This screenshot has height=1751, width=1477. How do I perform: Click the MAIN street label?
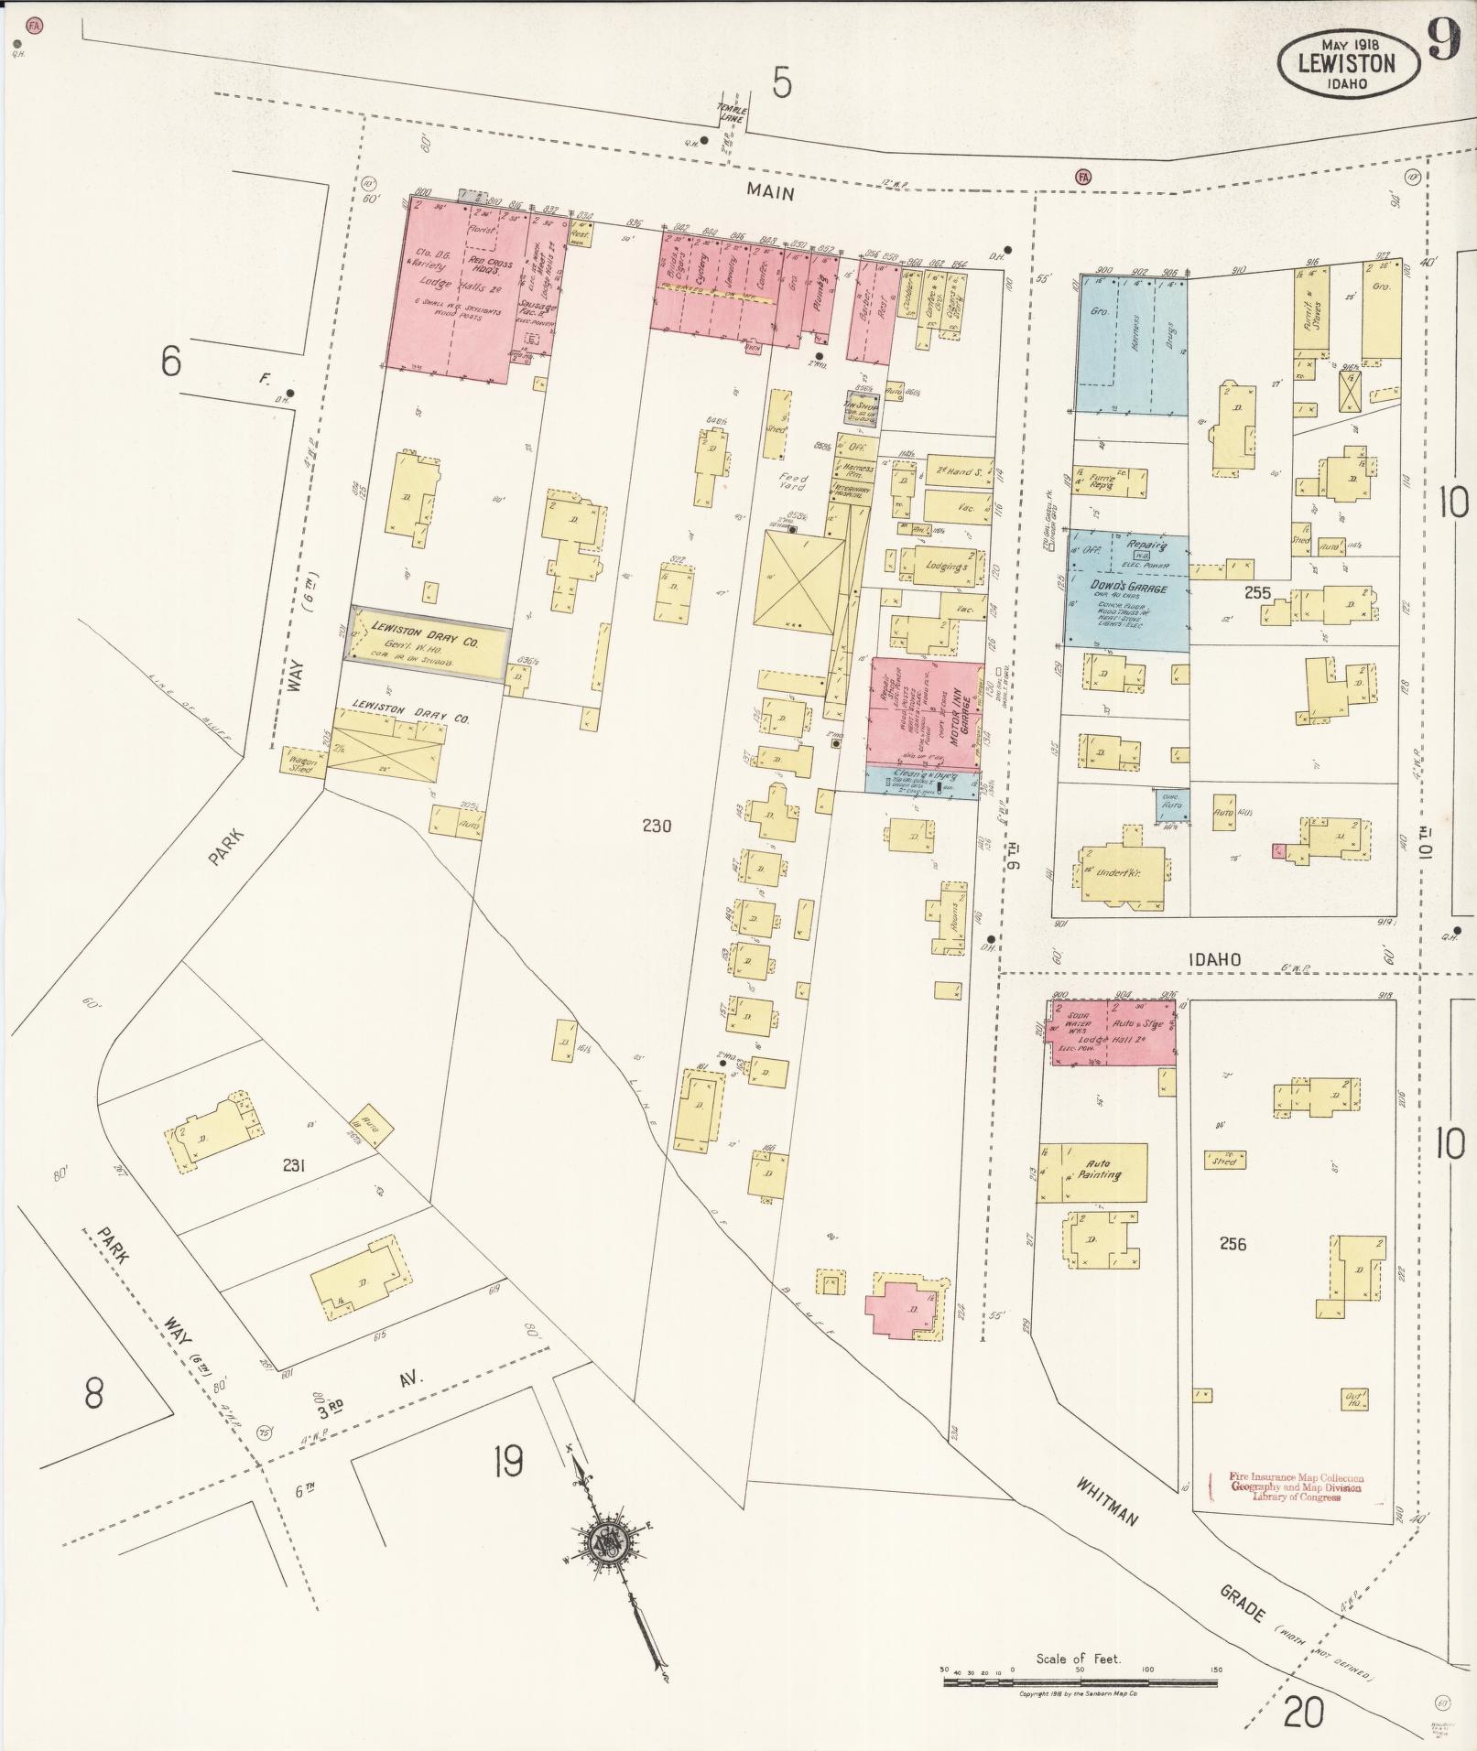pyautogui.click(x=768, y=192)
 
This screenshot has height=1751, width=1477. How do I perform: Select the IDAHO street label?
pyautogui.click(x=1214, y=959)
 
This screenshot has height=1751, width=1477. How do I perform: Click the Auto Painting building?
pyautogui.click(x=1097, y=1170)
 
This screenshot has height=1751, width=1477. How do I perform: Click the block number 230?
pyautogui.click(x=657, y=826)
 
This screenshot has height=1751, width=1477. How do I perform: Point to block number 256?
pyautogui.click(x=1233, y=1243)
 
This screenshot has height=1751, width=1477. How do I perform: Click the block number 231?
pyautogui.click(x=294, y=1165)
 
